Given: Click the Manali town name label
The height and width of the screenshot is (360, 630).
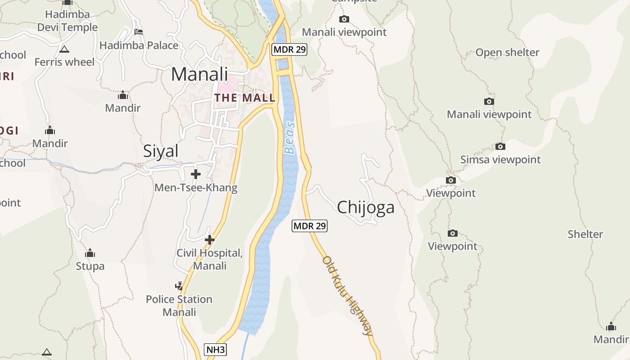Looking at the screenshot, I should click(199, 74).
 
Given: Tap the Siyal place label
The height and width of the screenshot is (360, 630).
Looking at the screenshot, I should click(161, 151).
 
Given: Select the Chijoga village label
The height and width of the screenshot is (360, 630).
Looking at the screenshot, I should click(365, 207).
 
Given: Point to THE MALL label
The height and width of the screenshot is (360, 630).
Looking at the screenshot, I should click(245, 98).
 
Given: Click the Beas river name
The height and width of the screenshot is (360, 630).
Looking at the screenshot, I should click(290, 138).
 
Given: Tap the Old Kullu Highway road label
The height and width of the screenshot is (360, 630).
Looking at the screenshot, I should click(348, 296).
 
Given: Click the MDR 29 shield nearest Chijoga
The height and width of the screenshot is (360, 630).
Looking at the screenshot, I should click(310, 226).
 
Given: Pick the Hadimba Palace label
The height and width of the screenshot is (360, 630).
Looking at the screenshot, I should click(139, 45).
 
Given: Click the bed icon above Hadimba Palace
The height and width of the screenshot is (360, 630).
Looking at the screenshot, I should click(139, 32).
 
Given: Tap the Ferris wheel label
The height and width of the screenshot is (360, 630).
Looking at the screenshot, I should click(64, 62).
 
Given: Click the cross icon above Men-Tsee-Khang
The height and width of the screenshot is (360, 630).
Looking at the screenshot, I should click(196, 174).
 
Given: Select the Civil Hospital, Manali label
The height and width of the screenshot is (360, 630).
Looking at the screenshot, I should click(210, 259).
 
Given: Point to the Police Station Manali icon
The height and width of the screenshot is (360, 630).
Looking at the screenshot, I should click(179, 286).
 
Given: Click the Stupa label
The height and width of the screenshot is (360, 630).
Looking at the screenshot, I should click(90, 266).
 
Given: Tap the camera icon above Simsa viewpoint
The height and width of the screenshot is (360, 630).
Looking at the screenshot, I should click(500, 147).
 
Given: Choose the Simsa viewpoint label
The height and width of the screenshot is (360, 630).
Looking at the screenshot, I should click(500, 160).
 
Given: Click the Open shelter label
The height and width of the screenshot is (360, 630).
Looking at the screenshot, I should click(507, 53).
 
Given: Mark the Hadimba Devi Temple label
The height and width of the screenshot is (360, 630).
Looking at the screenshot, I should click(67, 21).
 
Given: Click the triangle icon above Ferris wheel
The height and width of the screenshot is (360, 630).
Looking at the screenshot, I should click(64, 49).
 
